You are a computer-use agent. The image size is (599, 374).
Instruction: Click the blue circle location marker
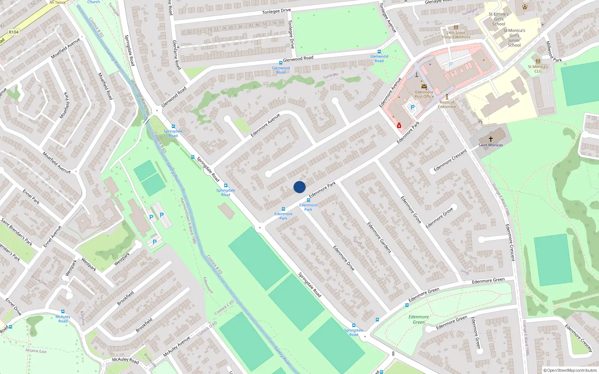299,187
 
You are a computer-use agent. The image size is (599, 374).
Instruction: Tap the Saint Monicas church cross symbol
490,139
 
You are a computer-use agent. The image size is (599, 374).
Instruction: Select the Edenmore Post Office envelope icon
424,86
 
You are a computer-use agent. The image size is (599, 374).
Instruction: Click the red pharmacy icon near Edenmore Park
399,126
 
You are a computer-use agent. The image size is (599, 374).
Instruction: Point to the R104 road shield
14,32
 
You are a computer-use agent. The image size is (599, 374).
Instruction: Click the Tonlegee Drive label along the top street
276,11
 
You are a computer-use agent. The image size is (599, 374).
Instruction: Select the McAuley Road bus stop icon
63,312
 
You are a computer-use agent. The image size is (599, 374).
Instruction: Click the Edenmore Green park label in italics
419,319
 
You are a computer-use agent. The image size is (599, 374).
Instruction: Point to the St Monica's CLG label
538,69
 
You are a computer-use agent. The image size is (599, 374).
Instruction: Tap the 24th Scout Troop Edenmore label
456,35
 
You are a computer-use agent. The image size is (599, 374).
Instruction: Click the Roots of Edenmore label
447,104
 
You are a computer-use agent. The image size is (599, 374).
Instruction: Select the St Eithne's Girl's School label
499,19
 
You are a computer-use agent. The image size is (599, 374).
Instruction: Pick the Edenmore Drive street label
344,258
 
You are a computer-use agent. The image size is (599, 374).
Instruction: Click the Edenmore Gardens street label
379,237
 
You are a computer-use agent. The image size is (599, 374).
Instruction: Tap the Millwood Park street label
553,52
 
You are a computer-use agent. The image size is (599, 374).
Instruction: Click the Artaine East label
36,351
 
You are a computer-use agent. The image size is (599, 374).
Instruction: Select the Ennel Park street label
31,197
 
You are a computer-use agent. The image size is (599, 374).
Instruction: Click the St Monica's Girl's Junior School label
514,38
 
